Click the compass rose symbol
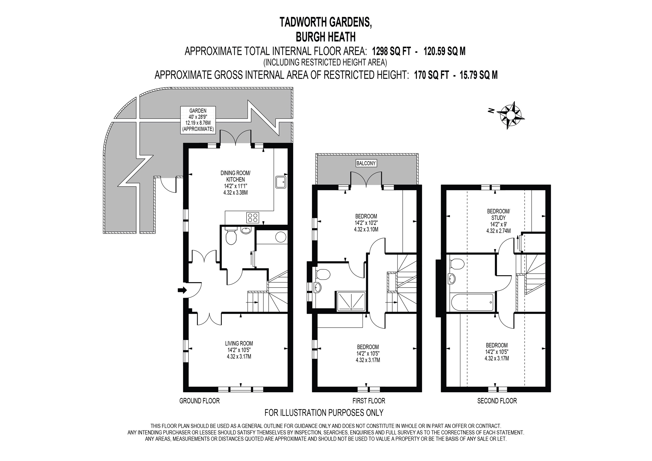pos(510,115)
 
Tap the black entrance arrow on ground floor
pos(182,290)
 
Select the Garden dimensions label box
pos(198,120)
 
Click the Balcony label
pos(366,163)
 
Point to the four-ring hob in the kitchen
pos(253,217)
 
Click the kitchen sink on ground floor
pos(281,182)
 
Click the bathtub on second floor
pos(472,303)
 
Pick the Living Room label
pos(239,350)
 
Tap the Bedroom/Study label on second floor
pos(498,221)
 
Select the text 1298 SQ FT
pos(391,51)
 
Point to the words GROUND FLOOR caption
pos(199,401)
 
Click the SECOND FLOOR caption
pos(497,401)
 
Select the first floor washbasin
pos(318,288)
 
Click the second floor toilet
pos(457,263)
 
